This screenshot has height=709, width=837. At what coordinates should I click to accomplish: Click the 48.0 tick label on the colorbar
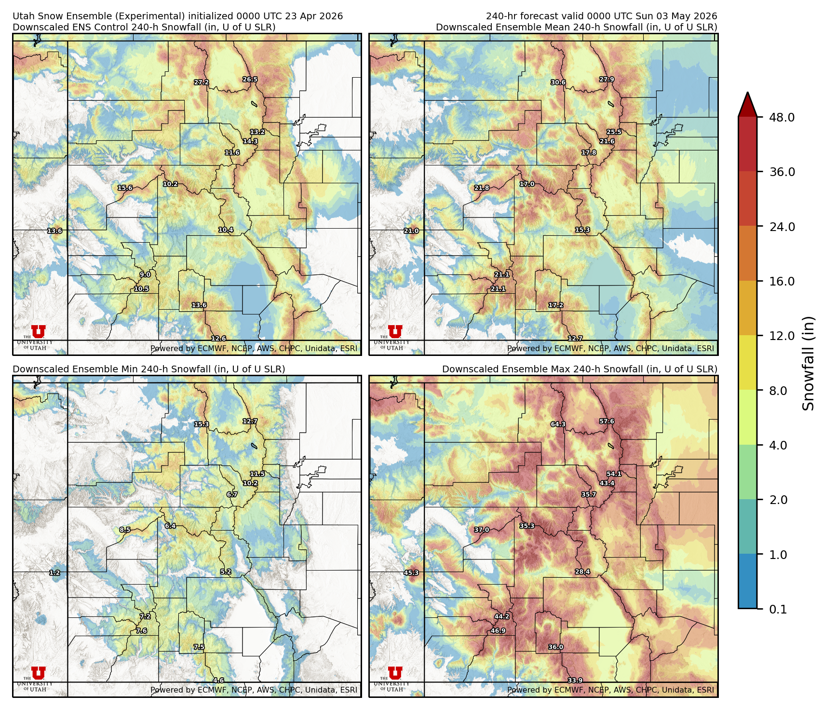click(x=782, y=117)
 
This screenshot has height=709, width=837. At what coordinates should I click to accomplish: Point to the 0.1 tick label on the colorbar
click(x=778, y=610)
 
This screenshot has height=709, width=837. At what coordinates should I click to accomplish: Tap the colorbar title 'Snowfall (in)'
click(x=809, y=363)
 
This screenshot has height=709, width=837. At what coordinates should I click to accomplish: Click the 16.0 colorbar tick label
click(x=782, y=281)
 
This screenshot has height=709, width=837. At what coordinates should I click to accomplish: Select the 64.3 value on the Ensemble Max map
click(x=558, y=424)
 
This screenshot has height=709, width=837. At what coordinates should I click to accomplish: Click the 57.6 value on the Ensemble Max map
click(x=607, y=422)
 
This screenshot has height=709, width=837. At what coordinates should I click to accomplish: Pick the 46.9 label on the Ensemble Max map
click(x=498, y=631)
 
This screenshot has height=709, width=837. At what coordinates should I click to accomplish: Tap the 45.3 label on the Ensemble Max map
click(x=411, y=573)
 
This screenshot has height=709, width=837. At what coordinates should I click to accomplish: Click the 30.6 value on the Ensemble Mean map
click(x=558, y=82)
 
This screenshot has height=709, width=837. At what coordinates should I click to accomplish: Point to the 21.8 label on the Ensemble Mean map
click(x=481, y=188)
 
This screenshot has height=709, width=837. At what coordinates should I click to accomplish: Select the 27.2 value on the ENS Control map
click(x=202, y=82)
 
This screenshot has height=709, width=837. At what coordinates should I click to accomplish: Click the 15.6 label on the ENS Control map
click(x=125, y=188)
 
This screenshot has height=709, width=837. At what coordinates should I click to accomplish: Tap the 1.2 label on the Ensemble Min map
click(x=54, y=573)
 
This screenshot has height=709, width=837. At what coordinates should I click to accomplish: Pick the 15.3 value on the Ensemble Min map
click(x=202, y=424)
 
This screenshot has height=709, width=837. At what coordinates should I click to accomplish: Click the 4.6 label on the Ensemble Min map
click(x=218, y=681)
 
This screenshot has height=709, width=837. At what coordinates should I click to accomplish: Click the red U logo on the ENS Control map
click(x=38, y=332)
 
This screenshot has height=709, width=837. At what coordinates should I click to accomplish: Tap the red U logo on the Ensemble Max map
click(x=395, y=673)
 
